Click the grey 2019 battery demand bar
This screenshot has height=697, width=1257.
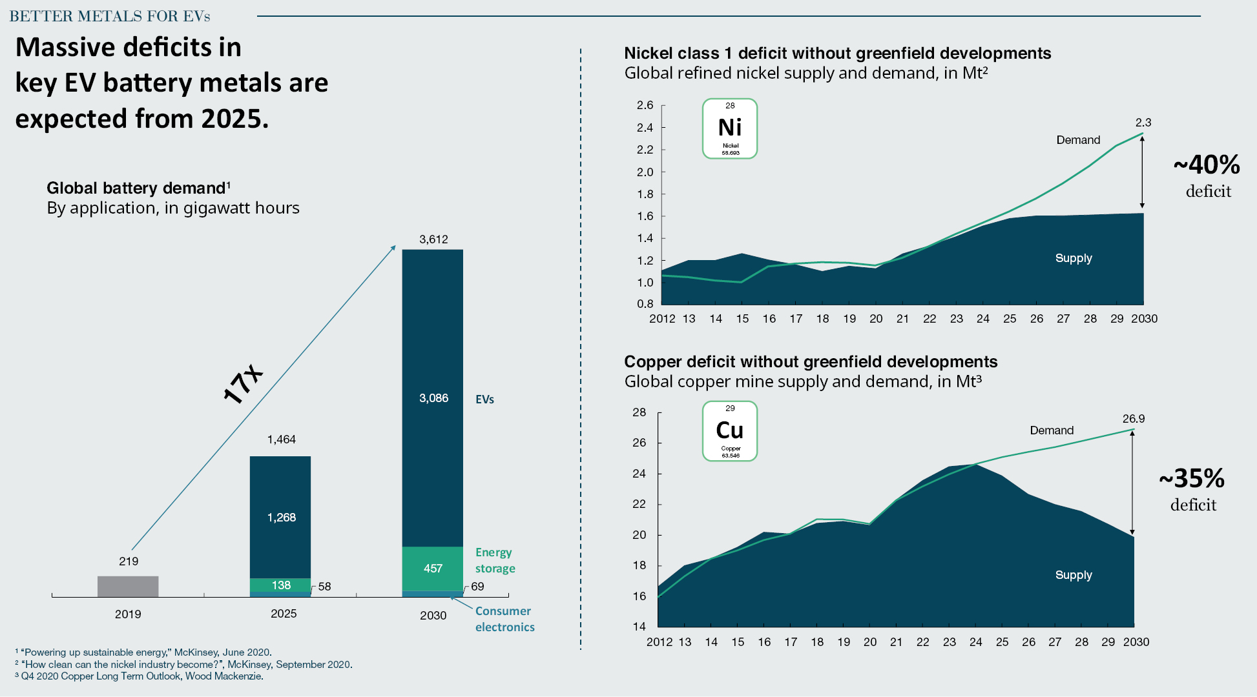128,586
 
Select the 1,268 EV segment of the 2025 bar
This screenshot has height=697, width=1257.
280,517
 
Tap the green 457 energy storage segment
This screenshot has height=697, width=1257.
433,569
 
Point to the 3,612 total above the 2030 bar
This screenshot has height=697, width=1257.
433,239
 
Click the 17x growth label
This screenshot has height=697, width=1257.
243,385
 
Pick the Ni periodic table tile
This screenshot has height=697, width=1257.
730,128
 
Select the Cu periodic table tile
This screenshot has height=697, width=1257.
730,431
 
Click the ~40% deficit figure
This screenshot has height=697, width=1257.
1207,165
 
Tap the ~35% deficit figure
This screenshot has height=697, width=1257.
1192,478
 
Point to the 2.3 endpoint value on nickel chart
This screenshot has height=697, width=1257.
1143,123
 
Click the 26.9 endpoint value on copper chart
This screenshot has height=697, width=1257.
1134,419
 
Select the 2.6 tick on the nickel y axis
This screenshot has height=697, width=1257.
645,105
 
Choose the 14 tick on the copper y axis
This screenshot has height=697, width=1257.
639,626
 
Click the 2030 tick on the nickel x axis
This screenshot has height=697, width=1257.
1144,319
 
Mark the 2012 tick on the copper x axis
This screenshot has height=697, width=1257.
660,642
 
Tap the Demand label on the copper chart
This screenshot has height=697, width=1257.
1052,430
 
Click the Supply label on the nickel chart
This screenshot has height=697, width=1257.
1074,258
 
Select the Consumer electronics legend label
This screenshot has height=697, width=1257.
505,619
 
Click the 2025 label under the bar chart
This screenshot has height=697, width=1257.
284,614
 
